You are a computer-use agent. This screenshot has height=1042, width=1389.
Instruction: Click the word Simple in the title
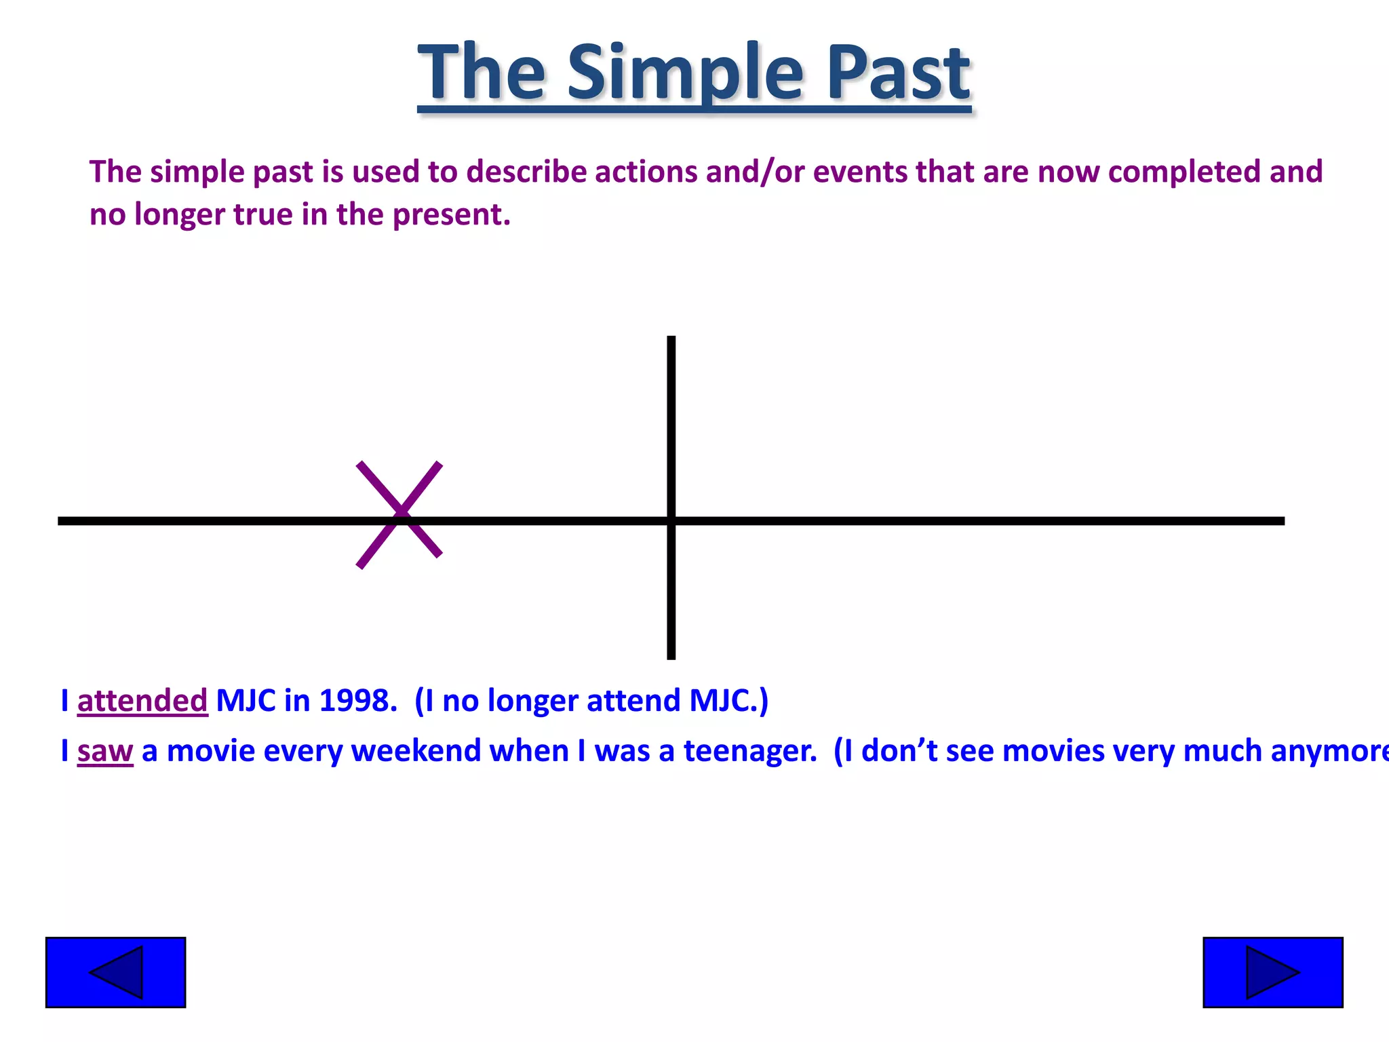(x=685, y=73)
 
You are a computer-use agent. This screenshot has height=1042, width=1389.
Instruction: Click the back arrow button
(x=115, y=972)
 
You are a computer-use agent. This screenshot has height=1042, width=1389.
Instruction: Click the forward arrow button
(x=1272, y=972)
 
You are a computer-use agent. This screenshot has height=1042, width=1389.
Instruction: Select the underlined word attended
(x=142, y=701)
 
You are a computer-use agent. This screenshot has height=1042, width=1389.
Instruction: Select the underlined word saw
(x=105, y=751)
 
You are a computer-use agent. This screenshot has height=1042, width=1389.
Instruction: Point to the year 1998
(x=357, y=701)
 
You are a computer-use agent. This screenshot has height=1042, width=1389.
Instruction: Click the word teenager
(x=749, y=751)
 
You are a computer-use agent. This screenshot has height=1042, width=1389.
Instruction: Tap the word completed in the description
(x=1184, y=172)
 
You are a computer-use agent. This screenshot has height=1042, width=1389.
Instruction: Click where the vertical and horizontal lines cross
(x=671, y=521)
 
